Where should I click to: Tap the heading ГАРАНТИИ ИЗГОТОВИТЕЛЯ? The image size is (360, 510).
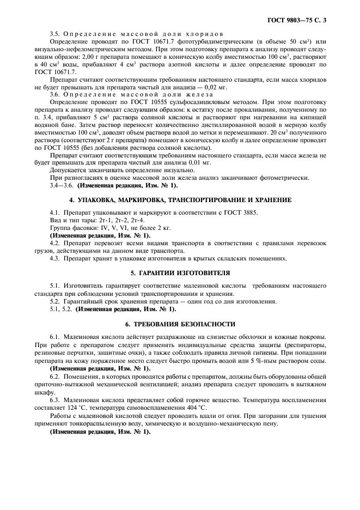180,272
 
